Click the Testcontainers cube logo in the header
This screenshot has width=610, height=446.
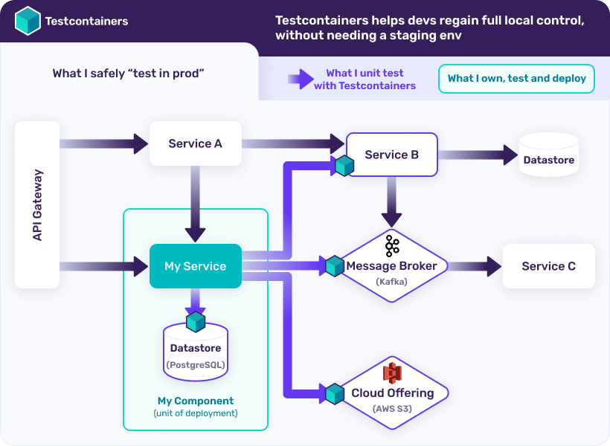(28, 21)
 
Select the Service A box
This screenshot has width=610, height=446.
(196, 143)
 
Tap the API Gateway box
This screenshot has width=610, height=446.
(37, 205)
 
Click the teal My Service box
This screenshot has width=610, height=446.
(196, 266)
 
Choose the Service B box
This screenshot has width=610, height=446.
(392, 155)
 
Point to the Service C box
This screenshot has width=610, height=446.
(548, 266)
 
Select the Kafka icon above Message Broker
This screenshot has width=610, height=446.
(392, 245)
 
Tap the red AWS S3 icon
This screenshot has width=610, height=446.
(392, 374)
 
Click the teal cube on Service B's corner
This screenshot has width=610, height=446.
(344, 166)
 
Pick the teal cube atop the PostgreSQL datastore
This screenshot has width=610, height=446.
(196, 322)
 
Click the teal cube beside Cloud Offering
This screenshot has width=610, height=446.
(334, 393)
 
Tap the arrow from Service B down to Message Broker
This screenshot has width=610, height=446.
(392, 202)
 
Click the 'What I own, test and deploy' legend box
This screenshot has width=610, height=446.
(516, 78)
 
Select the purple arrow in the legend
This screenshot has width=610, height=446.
(300, 80)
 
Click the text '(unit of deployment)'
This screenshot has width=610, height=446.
(195, 413)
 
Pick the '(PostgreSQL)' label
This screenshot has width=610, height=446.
(196, 364)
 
